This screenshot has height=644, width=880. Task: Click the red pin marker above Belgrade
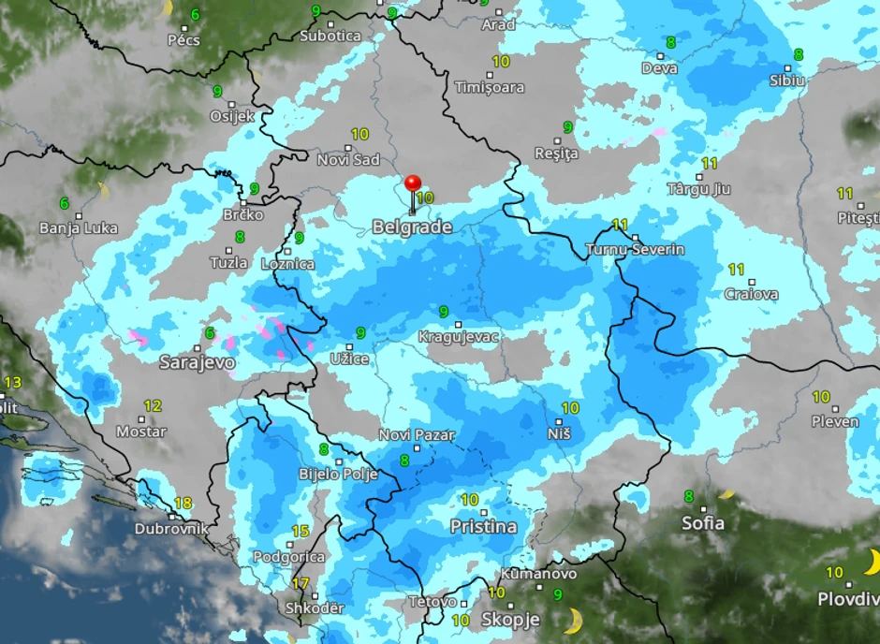(412, 183)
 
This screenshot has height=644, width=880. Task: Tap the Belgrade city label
(412, 227)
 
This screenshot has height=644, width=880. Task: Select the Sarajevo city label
(197, 361)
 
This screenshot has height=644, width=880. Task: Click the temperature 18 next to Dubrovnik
(183, 503)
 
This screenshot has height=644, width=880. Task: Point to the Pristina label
(483, 526)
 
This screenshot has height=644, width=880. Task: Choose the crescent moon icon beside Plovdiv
(872, 562)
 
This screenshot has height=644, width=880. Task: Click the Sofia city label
(703, 522)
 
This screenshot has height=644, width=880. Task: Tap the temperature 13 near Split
(12, 382)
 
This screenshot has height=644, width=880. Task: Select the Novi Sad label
(348, 159)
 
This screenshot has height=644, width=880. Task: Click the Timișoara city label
(489, 87)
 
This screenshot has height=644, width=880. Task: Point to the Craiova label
(751, 294)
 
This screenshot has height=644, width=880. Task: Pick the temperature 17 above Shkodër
(301, 583)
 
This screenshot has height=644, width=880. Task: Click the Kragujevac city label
(458, 336)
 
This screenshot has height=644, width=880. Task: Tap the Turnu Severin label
(634, 250)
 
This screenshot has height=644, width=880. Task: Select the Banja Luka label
(79, 227)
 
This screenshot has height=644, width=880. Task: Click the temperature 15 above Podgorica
(300, 531)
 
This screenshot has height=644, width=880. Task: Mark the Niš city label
(558, 433)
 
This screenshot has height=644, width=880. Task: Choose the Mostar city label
(140, 432)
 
